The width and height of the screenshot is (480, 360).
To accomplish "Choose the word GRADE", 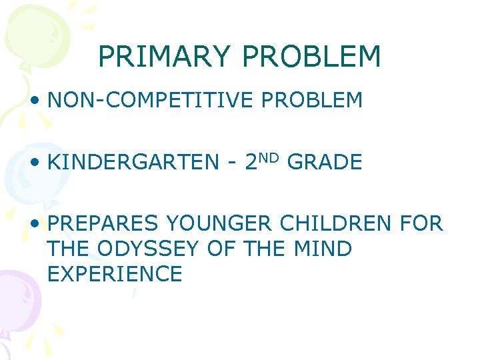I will pyautogui.click(x=325, y=162).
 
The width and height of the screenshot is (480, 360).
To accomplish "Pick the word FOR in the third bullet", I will pyautogui.click(x=421, y=223).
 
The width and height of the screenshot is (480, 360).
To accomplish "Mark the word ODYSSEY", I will pyautogui.click(x=151, y=249).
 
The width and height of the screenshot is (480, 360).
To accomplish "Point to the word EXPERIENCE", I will pyautogui.click(x=115, y=274).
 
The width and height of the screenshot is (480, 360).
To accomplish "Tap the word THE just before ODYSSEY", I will pyautogui.click(x=69, y=249).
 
